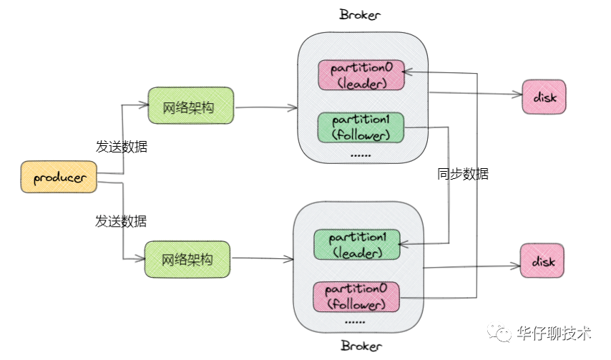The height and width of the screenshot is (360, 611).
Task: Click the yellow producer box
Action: click(x=58, y=177)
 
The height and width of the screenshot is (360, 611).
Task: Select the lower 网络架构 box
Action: click(x=188, y=259)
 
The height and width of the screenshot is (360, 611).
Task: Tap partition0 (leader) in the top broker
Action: click(x=361, y=75)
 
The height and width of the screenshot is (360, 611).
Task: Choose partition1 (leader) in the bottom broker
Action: click(x=356, y=245)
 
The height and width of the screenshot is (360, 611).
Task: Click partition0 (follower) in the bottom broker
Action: click(x=356, y=296)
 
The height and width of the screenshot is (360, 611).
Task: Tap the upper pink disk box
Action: click(x=544, y=96)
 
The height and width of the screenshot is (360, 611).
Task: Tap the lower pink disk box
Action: click(x=542, y=262)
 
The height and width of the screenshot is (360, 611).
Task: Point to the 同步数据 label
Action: click(x=463, y=174)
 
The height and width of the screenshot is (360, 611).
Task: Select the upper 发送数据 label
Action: click(x=122, y=147)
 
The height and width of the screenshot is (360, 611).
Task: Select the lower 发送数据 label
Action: click(x=122, y=220)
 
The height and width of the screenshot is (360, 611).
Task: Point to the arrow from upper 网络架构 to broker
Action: click(x=265, y=108)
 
